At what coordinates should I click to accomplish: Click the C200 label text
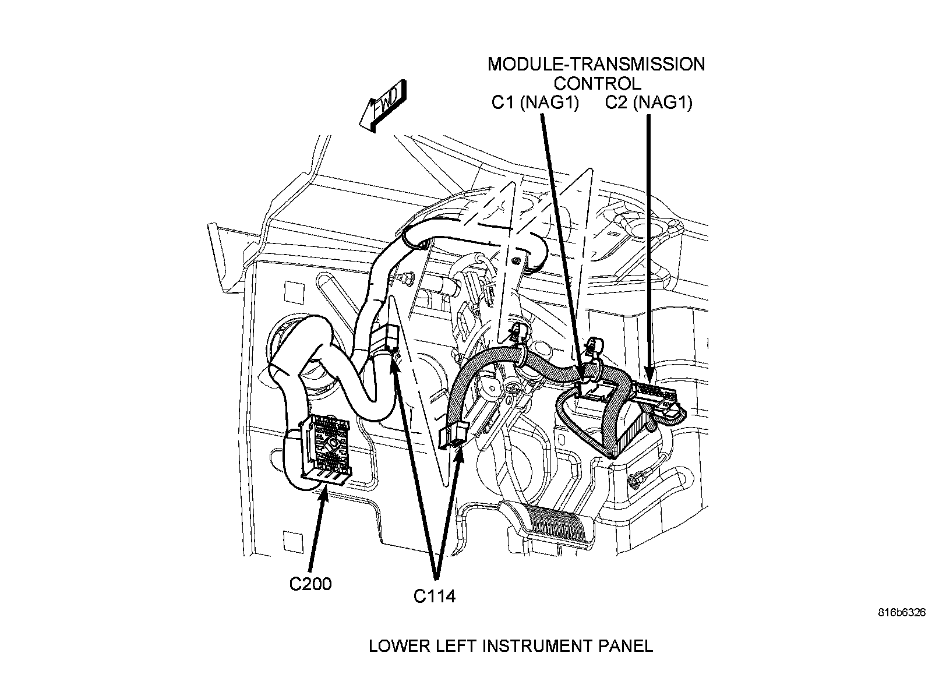[x=310, y=584]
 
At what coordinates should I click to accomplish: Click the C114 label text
[x=435, y=596]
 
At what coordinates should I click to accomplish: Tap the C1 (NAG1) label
[x=535, y=103]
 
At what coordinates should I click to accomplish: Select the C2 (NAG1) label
[x=648, y=103]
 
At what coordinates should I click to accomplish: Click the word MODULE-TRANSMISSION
[x=596, y=65]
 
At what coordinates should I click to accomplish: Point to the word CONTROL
[x=597, y=84]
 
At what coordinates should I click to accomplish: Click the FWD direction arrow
[x=383, y=105]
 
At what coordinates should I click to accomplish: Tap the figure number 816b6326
[x=902, y=612]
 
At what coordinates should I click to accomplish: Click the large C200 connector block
[x=325, y=451]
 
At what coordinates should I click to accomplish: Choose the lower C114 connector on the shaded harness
[x=453, y=435]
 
